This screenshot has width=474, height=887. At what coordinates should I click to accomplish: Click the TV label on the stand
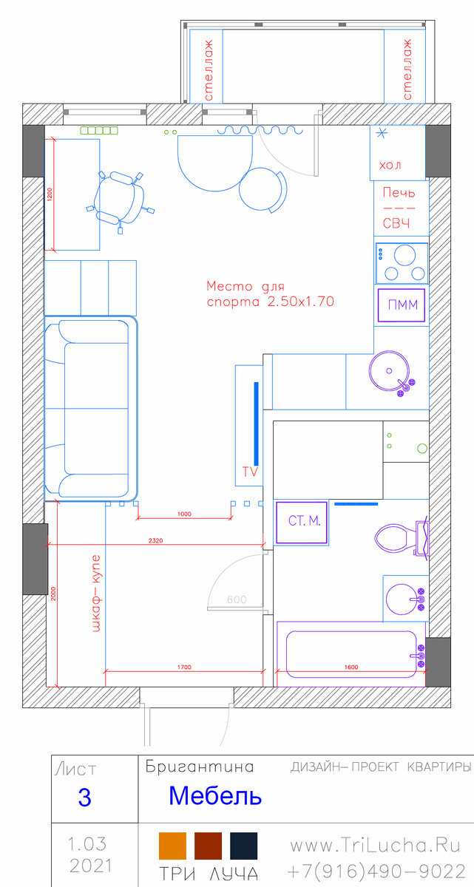click(250, 472)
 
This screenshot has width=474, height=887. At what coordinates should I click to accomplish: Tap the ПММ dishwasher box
click(401, 305)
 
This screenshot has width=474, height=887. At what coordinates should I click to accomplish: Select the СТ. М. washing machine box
click(302, 522)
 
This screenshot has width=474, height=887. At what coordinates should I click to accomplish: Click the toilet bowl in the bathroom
click(401, 538)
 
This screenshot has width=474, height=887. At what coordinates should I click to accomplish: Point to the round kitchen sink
click(389, 371)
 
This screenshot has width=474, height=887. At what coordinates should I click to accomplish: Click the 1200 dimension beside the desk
click(50, 194)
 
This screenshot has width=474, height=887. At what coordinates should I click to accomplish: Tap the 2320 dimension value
click(155, 540)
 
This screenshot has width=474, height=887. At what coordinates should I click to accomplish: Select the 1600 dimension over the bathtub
click(351, 667)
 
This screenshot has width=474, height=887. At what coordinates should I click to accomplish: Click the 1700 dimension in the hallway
click(184, 667)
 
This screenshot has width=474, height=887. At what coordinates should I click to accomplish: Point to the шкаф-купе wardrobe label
click(96, 594)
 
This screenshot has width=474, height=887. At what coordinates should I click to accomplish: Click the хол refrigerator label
click(390, 165)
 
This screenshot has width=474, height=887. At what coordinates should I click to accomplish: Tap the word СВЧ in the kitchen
click(396, 223)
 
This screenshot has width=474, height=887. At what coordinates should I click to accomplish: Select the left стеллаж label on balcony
click(209, 69)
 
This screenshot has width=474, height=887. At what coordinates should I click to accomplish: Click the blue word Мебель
click(215, 795)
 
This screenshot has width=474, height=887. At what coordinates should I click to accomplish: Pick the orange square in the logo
click(172, 846)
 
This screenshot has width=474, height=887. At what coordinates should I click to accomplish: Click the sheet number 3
click(85, 797)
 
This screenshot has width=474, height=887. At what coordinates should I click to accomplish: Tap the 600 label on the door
click(237, 599)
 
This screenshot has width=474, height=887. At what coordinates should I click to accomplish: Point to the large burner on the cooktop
click(404, 255)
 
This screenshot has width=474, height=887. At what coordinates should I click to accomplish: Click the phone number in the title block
click(376, 871)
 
